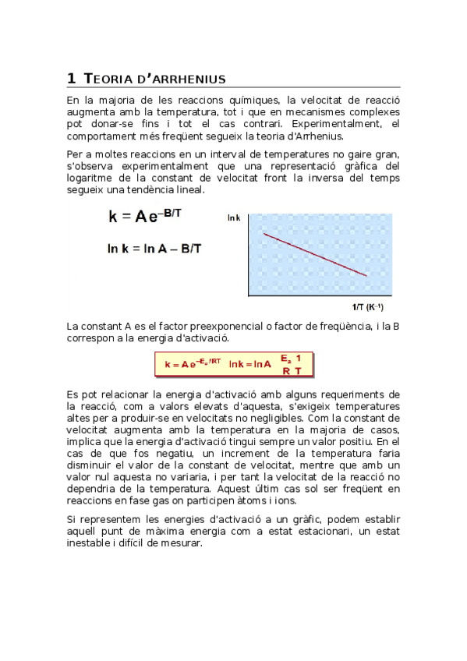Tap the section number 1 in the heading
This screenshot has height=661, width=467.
coord(71,78)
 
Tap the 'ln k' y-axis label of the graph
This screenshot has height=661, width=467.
coord(234,218)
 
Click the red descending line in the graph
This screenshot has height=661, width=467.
coord(316,253)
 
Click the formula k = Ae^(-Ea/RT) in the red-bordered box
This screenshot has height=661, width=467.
coord(194,363)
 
